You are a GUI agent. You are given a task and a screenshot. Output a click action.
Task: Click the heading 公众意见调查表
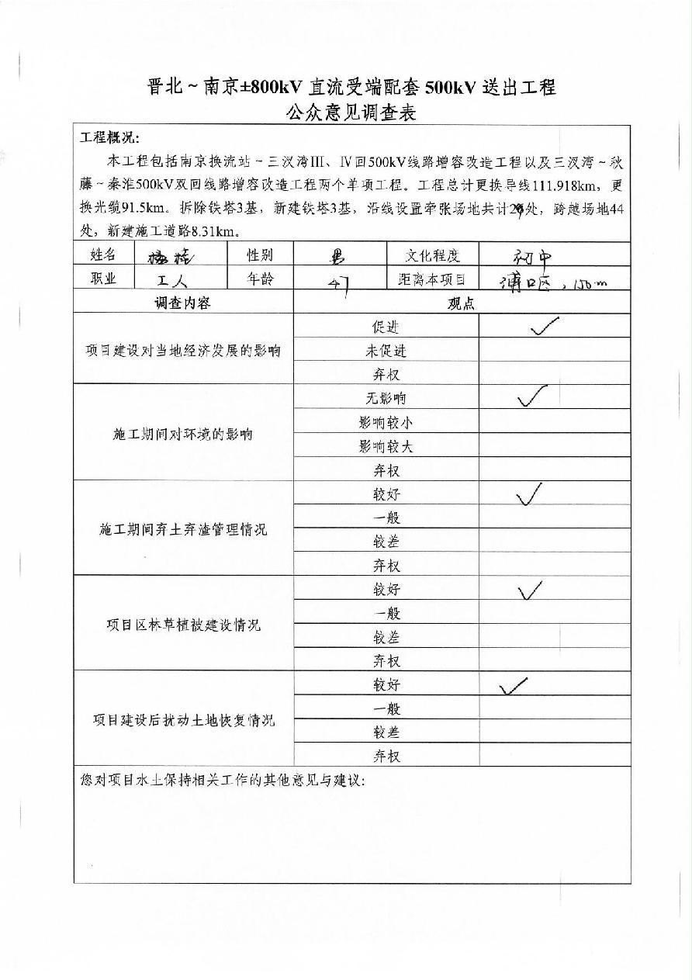click(x=351, y=113)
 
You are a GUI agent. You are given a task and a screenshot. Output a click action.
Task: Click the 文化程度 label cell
click(x=432, y=255)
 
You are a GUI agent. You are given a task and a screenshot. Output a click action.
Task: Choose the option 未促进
click(x=386, y=351)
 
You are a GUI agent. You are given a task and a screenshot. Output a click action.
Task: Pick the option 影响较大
click(x=386, y=446)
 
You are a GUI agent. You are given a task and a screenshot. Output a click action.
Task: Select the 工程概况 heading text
click(x=109, y=138)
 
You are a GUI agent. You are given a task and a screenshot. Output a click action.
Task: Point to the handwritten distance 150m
click(x=588, y=284)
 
